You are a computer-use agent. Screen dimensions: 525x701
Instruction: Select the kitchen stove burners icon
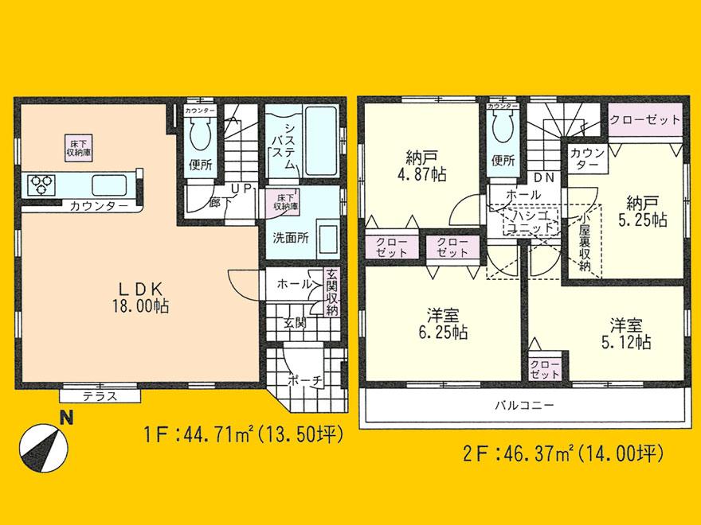(41, 185)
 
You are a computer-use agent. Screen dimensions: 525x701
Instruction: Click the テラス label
(100, 395)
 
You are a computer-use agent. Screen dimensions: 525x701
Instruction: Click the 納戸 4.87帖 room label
(418, 165)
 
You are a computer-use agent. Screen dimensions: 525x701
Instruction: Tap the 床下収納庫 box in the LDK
(76, 146)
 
